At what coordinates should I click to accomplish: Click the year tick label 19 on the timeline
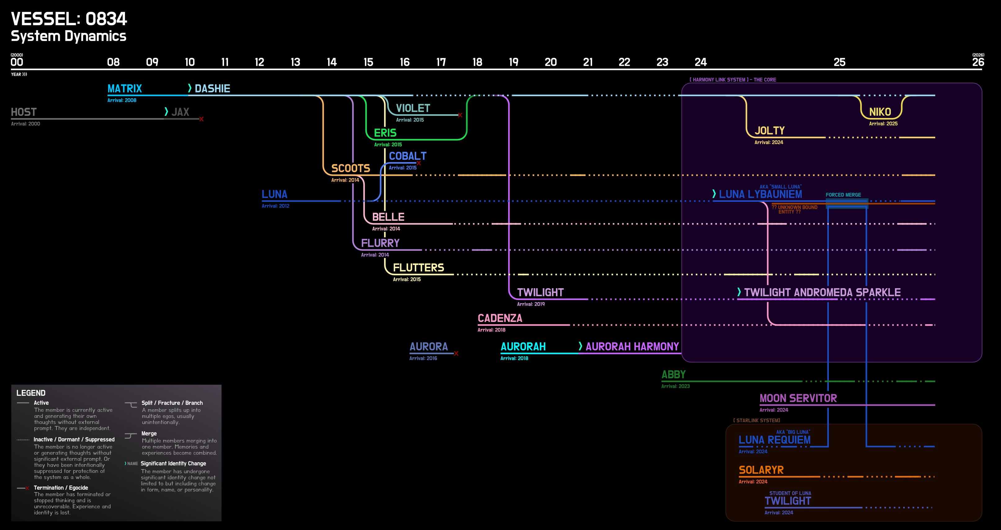coord(513,62)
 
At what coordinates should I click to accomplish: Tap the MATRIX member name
coord(124,89)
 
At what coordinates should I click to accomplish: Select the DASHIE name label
coord(212,89)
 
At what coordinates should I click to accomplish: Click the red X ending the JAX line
coord(201,119)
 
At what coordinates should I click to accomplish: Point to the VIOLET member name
coord(413,108)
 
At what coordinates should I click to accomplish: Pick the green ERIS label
coord(385,133)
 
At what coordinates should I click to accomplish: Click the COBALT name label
coord(408,156)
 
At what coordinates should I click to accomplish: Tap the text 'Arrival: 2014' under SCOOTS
coord(345,180)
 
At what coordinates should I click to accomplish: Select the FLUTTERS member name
coord(418,268)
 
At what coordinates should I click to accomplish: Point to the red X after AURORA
coord(456,353)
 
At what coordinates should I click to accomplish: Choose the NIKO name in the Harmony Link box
coord(880,112)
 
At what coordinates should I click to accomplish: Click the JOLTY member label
coord(769,131)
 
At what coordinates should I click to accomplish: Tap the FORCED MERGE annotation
coord(843,195)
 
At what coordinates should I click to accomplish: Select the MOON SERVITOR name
coord(798,398)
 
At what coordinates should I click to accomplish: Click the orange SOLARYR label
coord(761,470)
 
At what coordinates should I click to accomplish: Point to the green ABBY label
coord(673,374)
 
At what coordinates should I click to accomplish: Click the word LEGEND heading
coord(31,393)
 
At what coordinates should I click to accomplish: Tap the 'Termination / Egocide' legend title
coord(60,487)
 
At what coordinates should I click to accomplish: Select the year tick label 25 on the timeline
coord(839,62)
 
